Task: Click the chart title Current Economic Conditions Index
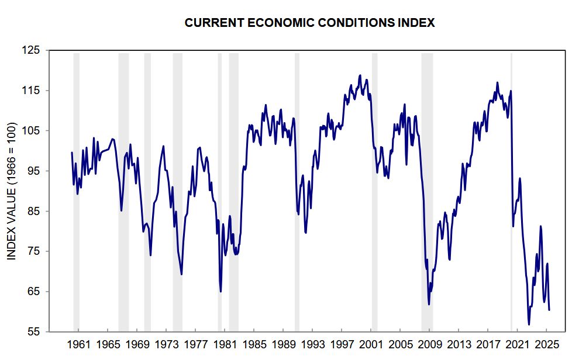[310, 23]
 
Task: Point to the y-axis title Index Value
[12, 191]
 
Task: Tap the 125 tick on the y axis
[32, 51]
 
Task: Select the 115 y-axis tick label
[32, 91]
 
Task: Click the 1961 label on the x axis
[78, 344]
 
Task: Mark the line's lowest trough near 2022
[529, 324]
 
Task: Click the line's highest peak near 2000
[360, 75]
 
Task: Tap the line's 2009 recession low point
[429, 304]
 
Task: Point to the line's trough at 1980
[220, 291]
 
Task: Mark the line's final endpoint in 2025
[549, 310]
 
